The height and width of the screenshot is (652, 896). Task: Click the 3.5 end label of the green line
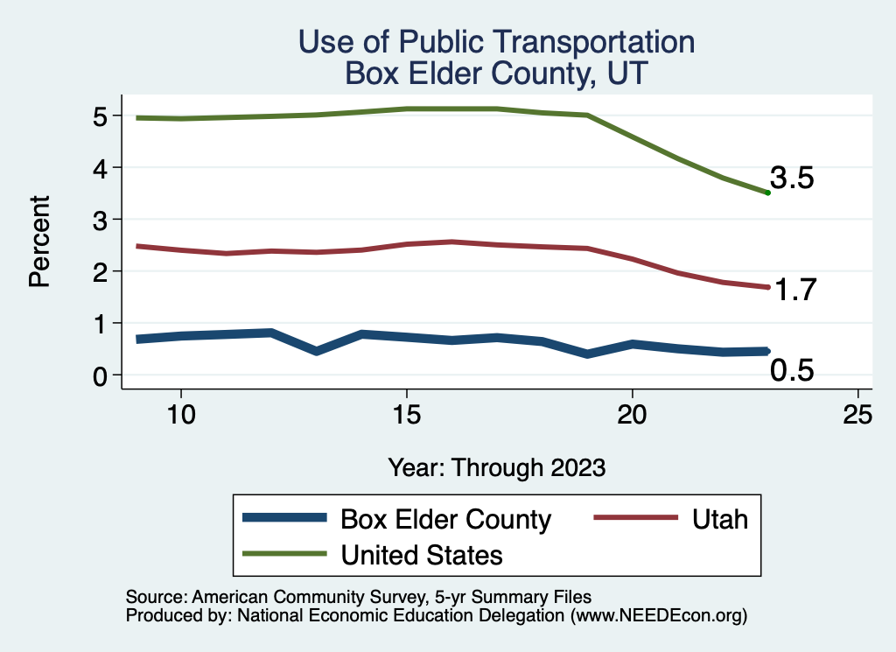793,179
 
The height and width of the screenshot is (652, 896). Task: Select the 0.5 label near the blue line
792,371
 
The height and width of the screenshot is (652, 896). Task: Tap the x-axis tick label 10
180,415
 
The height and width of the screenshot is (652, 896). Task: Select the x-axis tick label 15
406,415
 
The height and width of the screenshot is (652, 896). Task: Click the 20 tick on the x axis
632,415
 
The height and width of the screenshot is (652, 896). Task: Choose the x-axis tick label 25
857,415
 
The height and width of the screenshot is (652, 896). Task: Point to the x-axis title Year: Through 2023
496,467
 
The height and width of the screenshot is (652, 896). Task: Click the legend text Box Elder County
445,519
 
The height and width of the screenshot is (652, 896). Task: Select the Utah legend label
719,519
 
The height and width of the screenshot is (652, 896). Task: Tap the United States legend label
422,554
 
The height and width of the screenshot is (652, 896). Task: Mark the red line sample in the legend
636,519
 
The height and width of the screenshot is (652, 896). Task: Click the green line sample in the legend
284,554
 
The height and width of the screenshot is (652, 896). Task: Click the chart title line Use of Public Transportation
496,42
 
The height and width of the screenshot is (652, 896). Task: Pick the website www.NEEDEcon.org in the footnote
657,616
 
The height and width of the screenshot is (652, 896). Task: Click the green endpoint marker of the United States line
767,193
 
